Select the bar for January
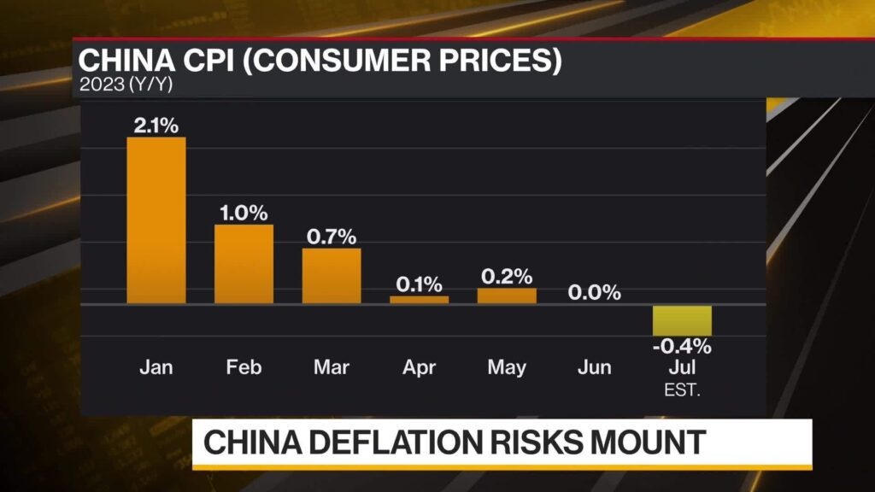(156, 220)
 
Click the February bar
(244, 264)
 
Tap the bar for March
(332, 276)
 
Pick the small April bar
(419, 299)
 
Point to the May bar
(507, 296)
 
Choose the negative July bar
(682, 320)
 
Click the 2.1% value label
(156, 126)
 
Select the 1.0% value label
(244, 214)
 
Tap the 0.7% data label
(332, 237)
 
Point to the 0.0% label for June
(595, 292)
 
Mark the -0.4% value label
(682, 347)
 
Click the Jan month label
(156, 367)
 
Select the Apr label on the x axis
(419, 367)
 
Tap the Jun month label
(595, 367)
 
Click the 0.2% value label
(507, 277)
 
